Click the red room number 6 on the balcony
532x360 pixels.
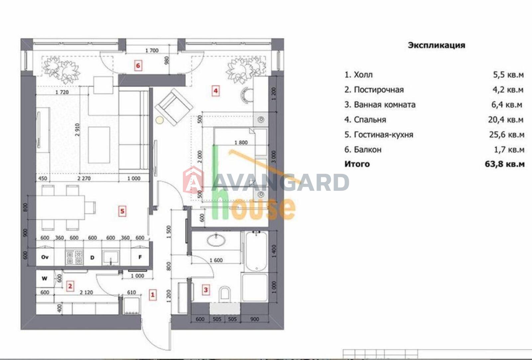click(x=138, y=65)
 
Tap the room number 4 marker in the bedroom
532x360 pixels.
click(x=215, y=91)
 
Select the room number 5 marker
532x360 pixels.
click(x=122, y=211)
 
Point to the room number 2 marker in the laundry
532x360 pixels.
click(x=70, y=286)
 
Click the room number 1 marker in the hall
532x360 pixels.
click(x=153, y=295)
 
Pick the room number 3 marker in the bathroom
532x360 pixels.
click(x=206, y=290)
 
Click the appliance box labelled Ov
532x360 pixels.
click(x=45, y=257)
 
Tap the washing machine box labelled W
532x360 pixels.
click(x=45, y=279)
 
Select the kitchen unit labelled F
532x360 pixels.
click(x=140, y=257)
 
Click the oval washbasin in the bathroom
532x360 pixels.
click(x=216, y=240)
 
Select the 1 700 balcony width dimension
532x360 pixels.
click(x=152, y=50)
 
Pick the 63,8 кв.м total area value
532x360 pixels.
click(x=504, y=164)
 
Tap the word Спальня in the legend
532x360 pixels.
click(x=370, y=120)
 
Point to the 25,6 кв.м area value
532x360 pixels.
click(x=506, y=135)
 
